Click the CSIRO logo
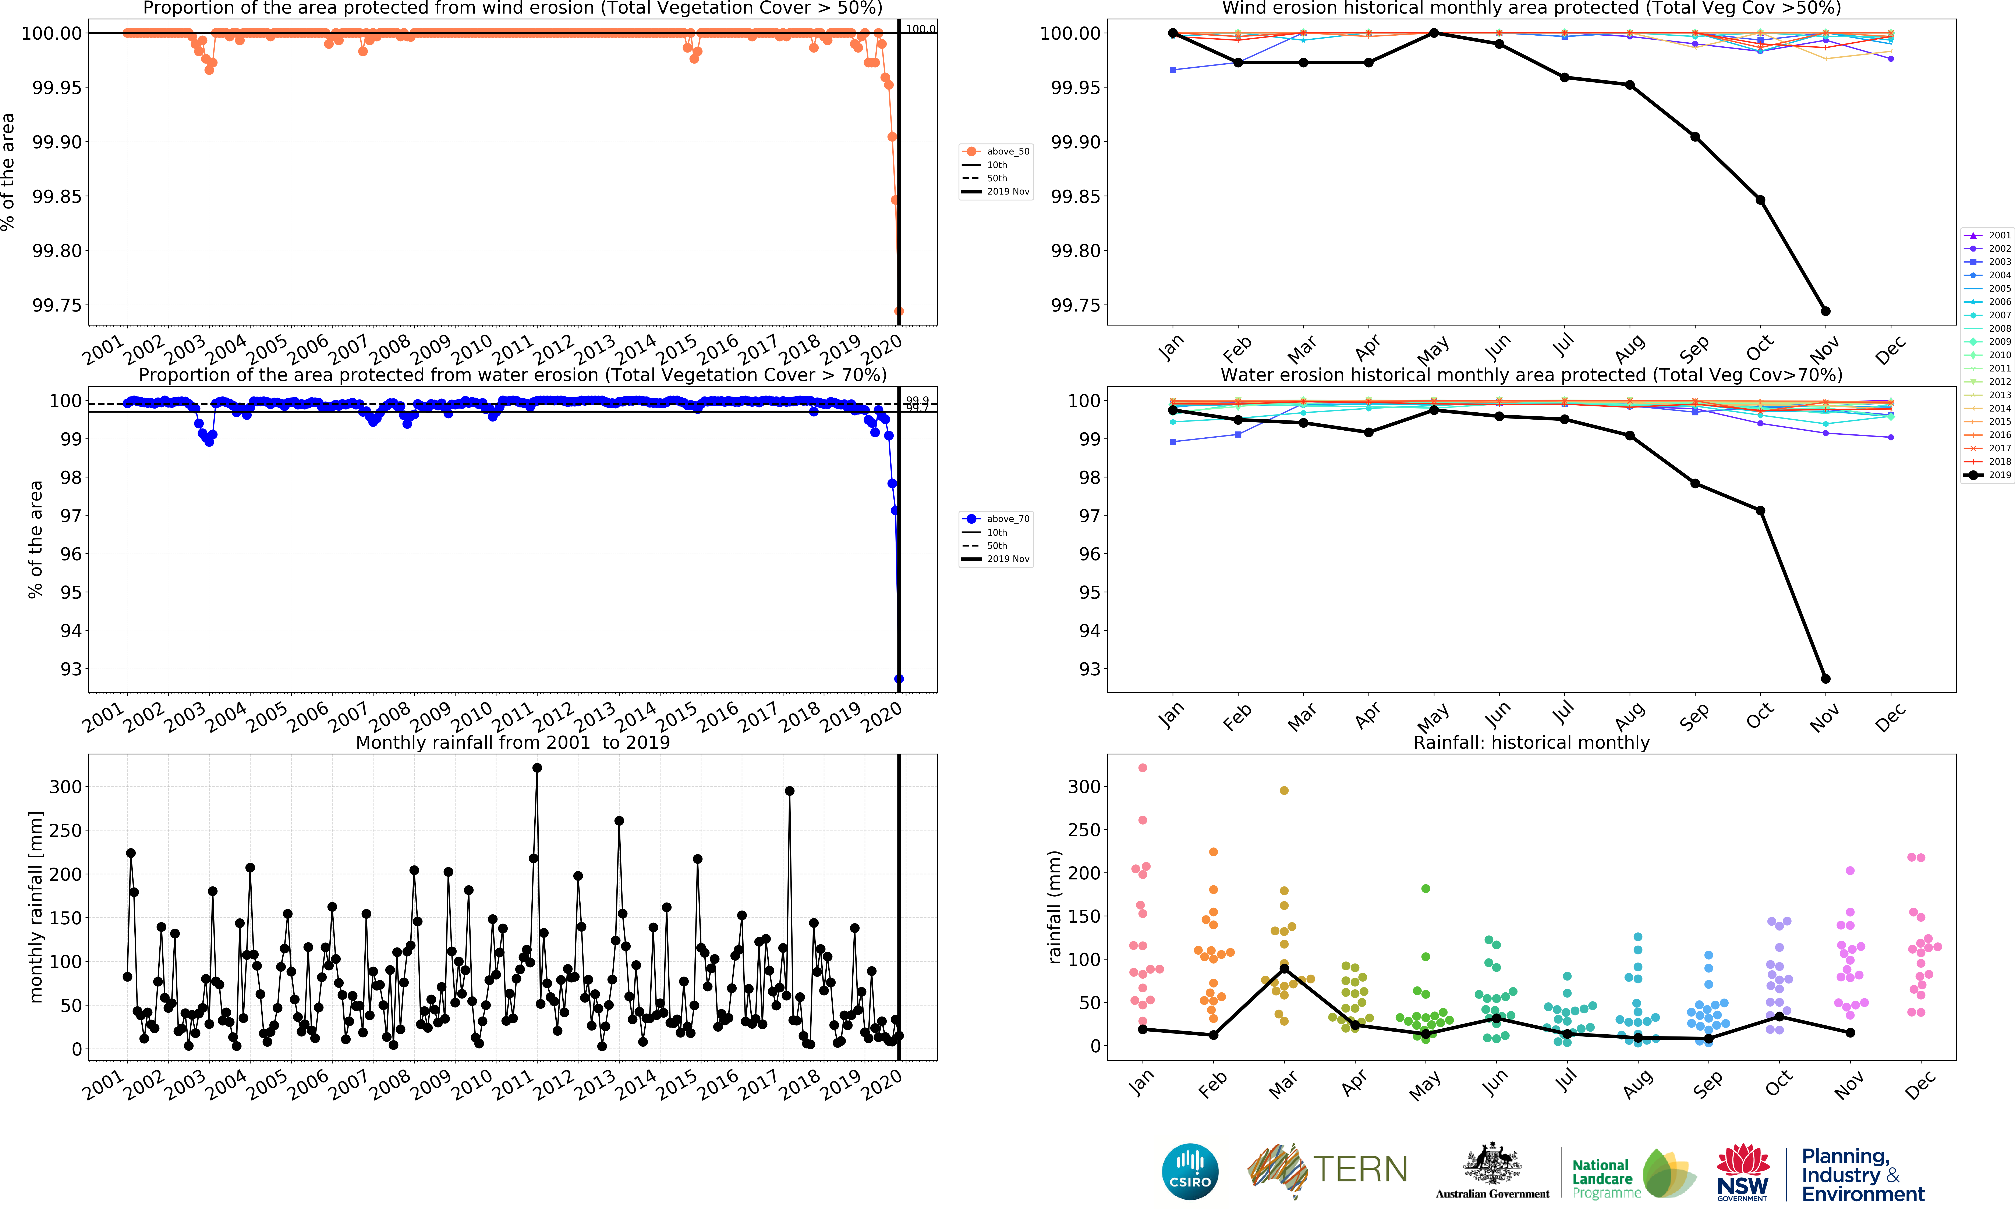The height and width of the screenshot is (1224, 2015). point(1190,1171)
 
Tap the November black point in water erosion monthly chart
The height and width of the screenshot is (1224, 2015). point(1825,679)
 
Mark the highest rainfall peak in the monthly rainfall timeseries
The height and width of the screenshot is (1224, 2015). point(536,768)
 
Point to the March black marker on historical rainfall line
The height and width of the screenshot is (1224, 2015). point(1284,969)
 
